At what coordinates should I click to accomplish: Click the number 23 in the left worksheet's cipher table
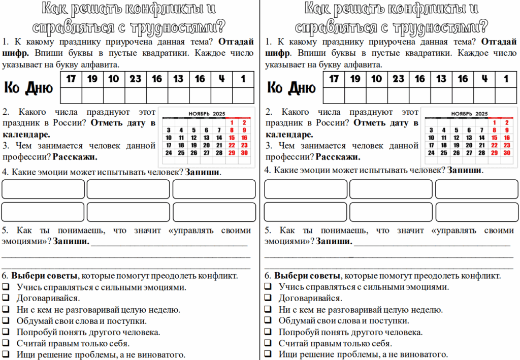coord(136,79)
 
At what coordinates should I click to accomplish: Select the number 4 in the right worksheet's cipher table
coord(484,79)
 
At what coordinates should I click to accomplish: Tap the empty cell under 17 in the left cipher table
coord(71,95)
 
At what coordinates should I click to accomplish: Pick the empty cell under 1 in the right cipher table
coord(506,95)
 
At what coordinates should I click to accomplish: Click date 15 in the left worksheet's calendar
coord(232,137)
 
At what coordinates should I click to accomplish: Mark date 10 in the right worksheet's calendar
coord(431,137)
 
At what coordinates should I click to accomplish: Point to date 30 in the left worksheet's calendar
coord(244,152)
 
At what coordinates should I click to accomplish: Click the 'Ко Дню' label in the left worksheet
coord(28,88)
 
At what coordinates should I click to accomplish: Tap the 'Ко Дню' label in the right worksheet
coord(291,88)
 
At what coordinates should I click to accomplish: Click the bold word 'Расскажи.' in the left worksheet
coord(75,157)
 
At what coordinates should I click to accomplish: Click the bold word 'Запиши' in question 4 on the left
coord(203,172)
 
